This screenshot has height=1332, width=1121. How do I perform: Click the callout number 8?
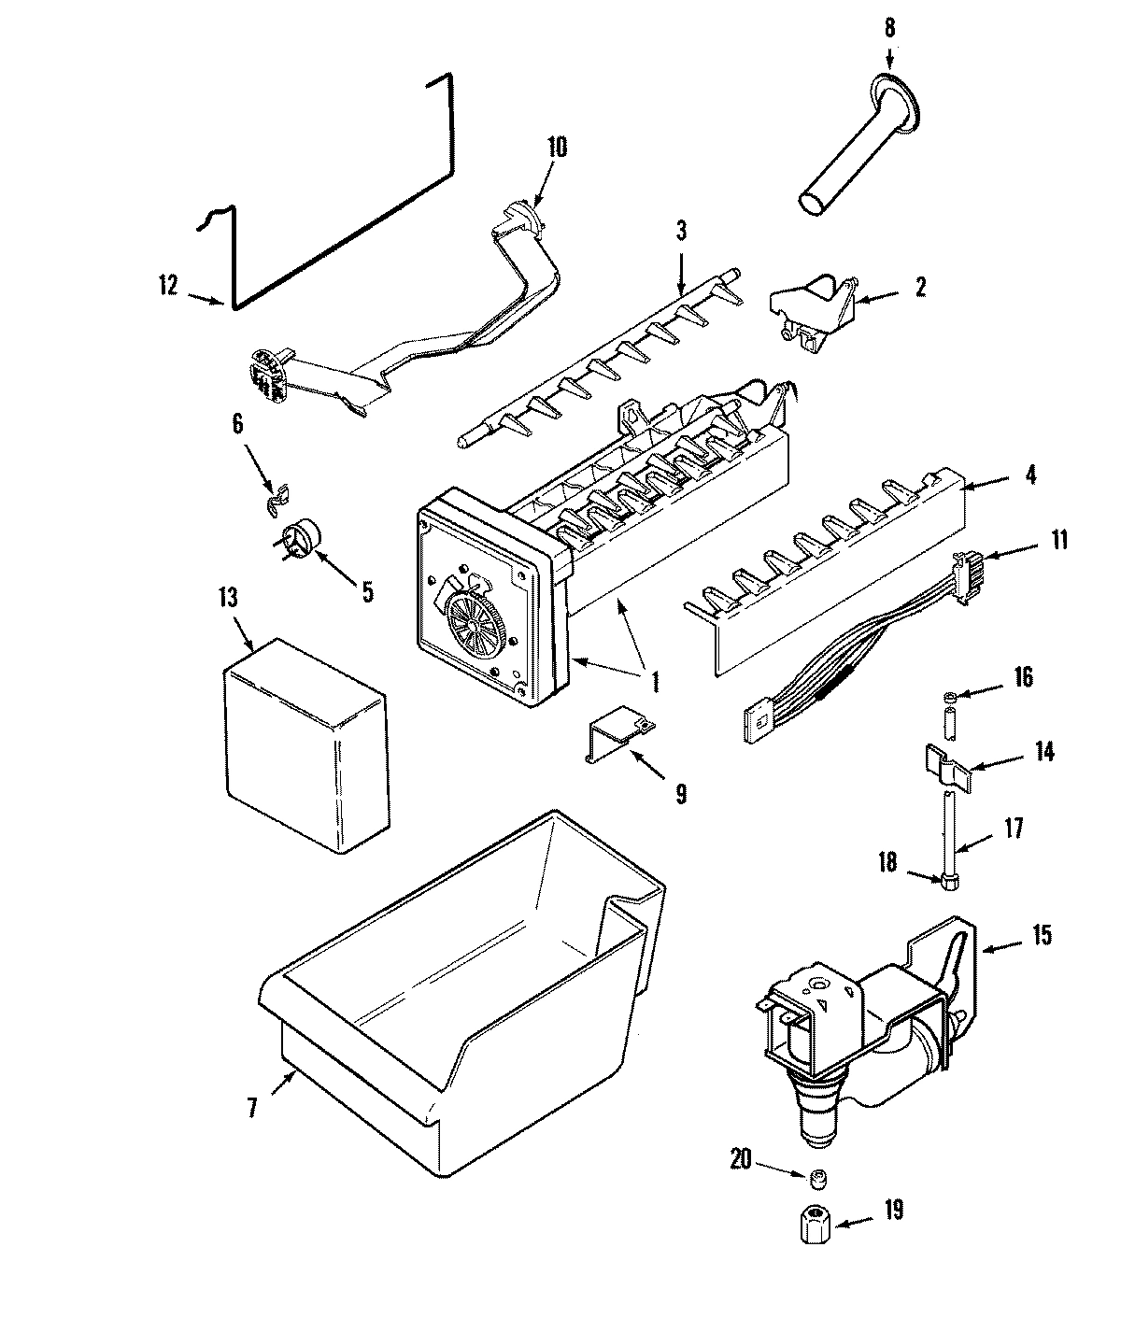tap(888, 29)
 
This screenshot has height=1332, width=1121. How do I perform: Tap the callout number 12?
tap(168, 286)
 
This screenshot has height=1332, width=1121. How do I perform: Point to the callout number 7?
tap(253, 1109)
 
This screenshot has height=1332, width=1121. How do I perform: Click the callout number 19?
tap(893, 1212)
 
